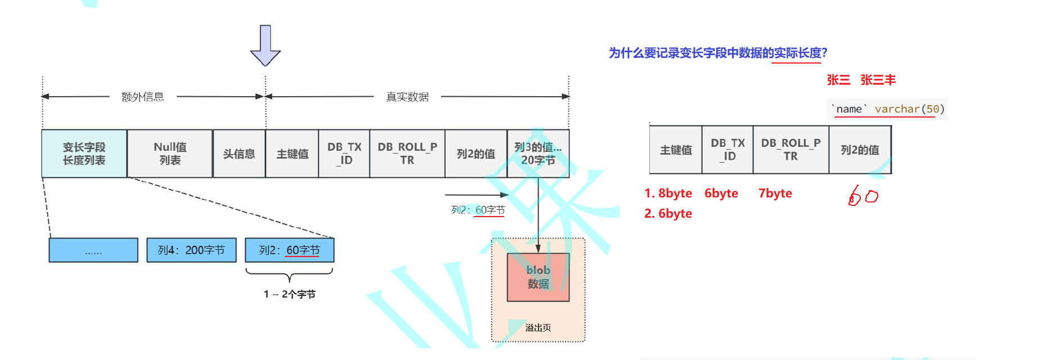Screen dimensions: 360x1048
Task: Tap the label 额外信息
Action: pyautogui.click(x=143, y=97)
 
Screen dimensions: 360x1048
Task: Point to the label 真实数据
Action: pyautogui.click(x=407, y=97)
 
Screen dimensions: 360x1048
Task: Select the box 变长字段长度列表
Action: pyautogui.click(x=84, y=154)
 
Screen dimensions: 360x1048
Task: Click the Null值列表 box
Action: pyautogui.click(x=170, y=154)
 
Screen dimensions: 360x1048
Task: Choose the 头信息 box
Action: pyautogui.click(x=239, y=154)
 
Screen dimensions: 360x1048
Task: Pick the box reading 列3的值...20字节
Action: pyautogui.click(x=538, y=154)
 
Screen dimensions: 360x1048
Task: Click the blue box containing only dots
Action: pyautogui.click(x=93, y=250)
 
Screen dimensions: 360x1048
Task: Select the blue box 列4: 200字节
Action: pyautogui.click(x=191, y=250)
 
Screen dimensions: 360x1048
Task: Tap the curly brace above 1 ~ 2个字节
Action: pyautogui.click(x=289, y=275)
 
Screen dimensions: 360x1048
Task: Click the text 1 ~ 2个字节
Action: pyautogui.click(x=290, y=294)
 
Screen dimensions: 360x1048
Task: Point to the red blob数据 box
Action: pyautogui.click(x=538, y=277)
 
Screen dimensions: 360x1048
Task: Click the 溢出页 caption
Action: pyautogui.click(x=538, y=327)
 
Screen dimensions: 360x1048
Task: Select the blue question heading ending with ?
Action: pyautogui.click(x=717, y=53)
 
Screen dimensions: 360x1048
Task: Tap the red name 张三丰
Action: pyautogui.click(x=878, y=80)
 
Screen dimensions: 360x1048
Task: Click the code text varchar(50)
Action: pyautogui.click(x=909, y=109)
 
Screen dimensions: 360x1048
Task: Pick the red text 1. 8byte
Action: pyautogui.click(x=668, y=193)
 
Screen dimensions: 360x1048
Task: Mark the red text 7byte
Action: pyautogui.click(x=775, y=193)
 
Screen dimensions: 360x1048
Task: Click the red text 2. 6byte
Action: pyautogui.click(x=668, y=214)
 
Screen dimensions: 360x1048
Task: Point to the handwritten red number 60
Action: pyautogui.click(x=863, y=196)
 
